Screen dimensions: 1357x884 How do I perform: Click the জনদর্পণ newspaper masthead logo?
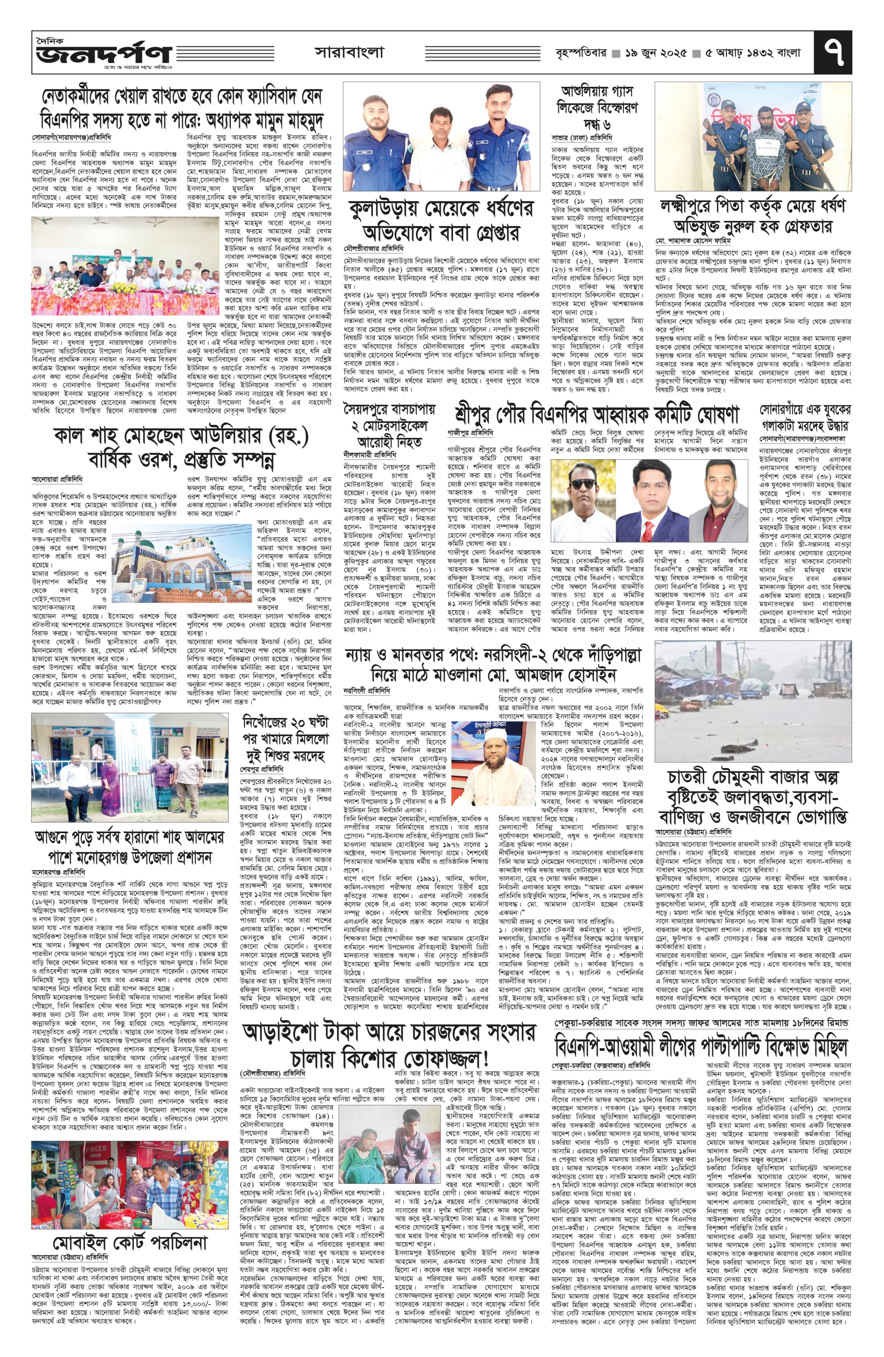(103, 53)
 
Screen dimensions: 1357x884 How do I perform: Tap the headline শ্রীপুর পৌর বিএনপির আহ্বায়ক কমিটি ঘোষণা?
(596, 415)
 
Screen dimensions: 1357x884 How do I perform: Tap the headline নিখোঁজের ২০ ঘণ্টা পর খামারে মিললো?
(285, 739)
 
